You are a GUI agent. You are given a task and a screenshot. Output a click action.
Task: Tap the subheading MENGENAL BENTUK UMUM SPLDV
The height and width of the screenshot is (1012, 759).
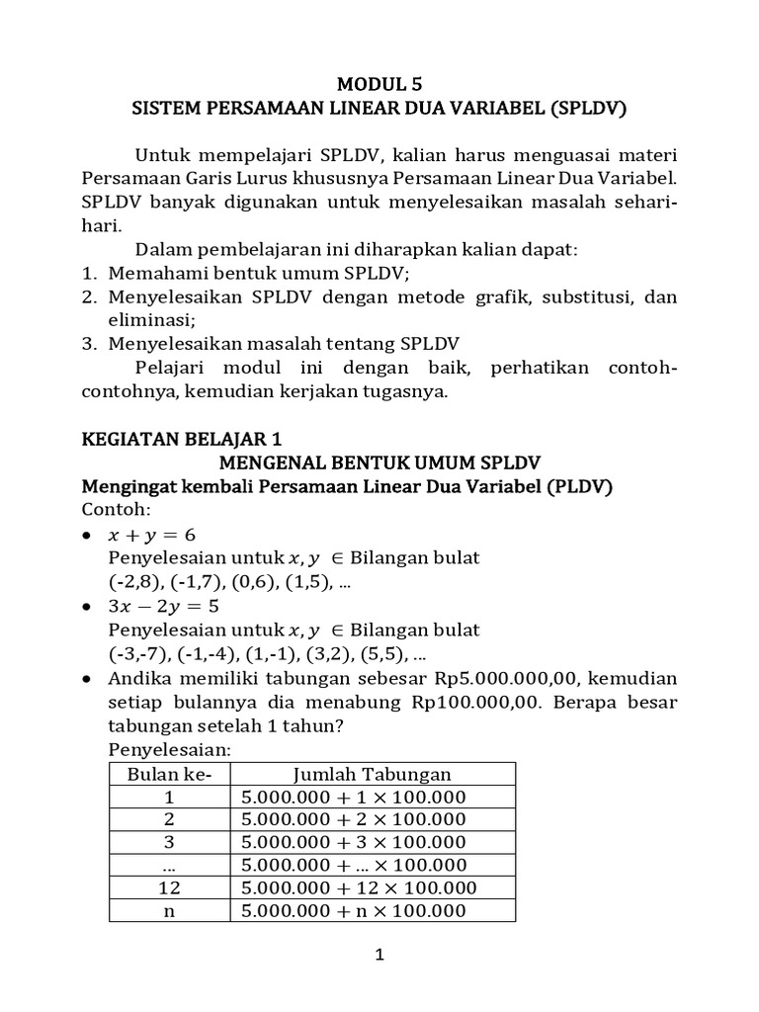coord(379,463)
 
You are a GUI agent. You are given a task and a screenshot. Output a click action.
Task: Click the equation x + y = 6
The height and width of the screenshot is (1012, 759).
coord(152,534)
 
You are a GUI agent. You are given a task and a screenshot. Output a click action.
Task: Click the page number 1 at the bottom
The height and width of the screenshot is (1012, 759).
coord(379,955)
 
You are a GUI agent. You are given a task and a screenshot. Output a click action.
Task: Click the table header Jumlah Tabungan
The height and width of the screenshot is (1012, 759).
coord(373,773)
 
